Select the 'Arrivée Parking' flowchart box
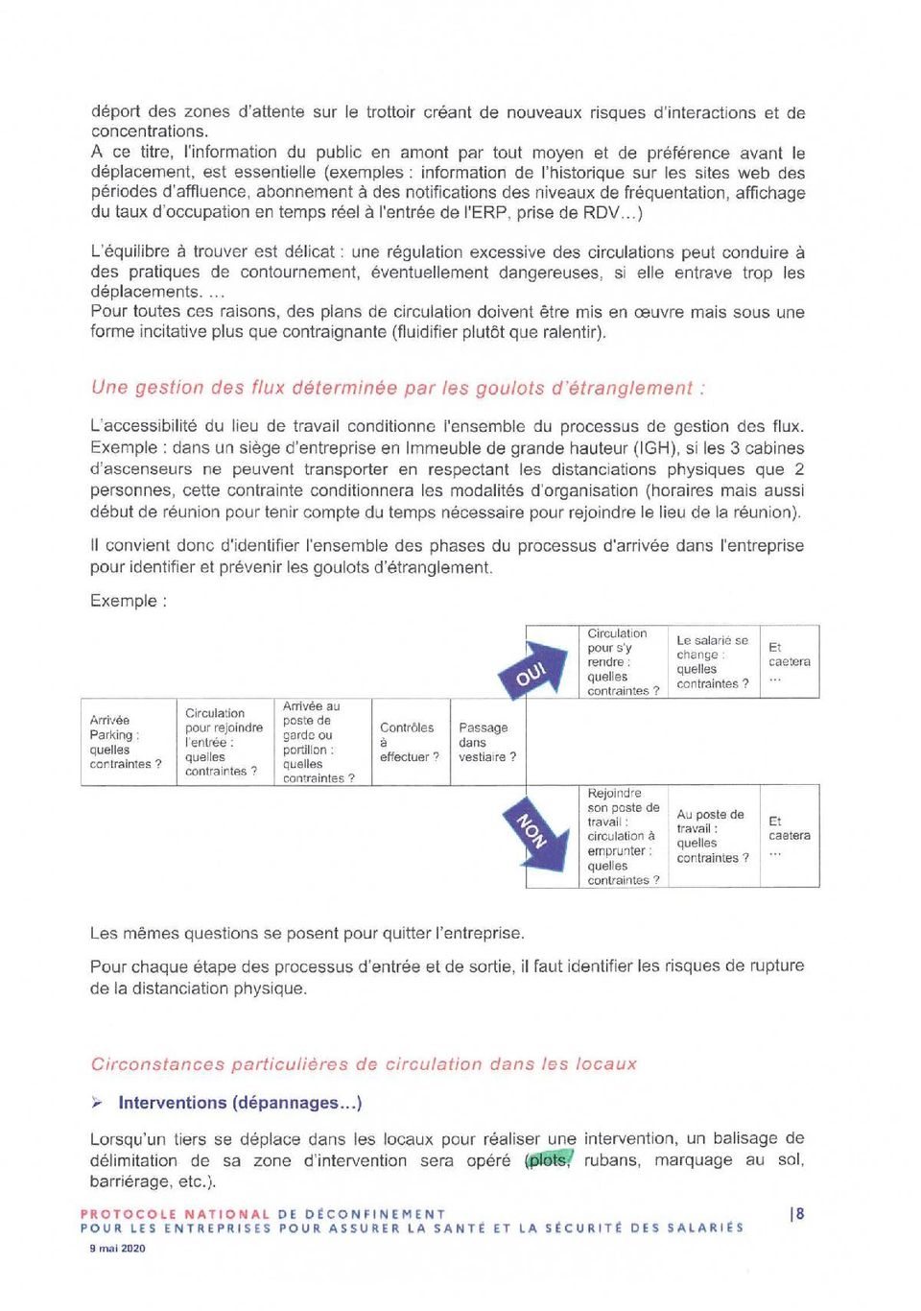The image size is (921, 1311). pos(128,742)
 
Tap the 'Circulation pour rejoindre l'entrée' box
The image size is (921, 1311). pos(224,742)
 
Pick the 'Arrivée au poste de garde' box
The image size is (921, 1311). pos(321,742)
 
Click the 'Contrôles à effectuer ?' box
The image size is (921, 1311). pos(410,742)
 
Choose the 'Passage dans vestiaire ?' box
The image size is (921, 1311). pos(487,742)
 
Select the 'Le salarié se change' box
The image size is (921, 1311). pos(713,662)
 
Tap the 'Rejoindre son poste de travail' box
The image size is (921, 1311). pos(624,836)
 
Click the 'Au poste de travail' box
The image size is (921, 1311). pos(713,836)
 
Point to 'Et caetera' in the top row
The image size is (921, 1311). pos(789,661)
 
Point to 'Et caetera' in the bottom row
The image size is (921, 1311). pos(789,835)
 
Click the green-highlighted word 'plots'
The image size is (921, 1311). pos(548,1160)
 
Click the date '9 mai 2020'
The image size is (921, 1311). pos(117,1249)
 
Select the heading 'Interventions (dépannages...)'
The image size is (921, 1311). pos(240,1103)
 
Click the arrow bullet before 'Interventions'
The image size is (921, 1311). pos(97,1103)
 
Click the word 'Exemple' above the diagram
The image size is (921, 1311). pos(124,601)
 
